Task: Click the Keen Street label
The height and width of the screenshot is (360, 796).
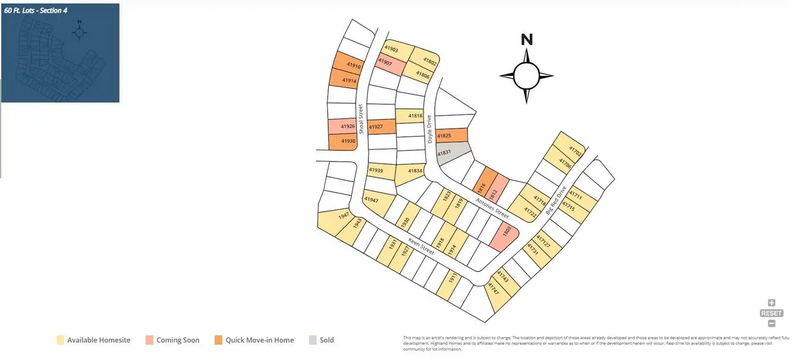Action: [x=421, y=246]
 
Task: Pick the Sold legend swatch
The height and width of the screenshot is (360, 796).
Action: [x=313, y=340]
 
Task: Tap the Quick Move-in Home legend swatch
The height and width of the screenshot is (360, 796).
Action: [x=218, y=340]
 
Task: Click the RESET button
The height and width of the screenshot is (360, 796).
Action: [x=772, y=313]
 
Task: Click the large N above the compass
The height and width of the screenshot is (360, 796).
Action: [x=527, y=40]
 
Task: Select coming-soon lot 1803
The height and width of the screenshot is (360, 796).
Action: [x=504, y=237]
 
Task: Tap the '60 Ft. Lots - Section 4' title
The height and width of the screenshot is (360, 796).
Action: [x=35, y=11]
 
